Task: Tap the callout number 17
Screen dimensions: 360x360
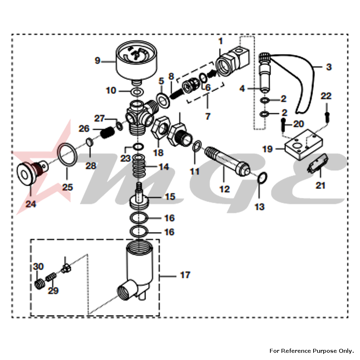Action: (x=185, y=275)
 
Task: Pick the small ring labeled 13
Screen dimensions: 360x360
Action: (x=263, y=177)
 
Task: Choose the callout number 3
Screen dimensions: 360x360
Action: (x=329, y=67)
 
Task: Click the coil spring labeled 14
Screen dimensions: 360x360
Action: (x=138, y=167)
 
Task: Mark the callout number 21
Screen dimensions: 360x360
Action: (x=320, y=185)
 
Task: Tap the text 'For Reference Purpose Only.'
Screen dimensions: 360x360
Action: (x=311, y=350)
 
